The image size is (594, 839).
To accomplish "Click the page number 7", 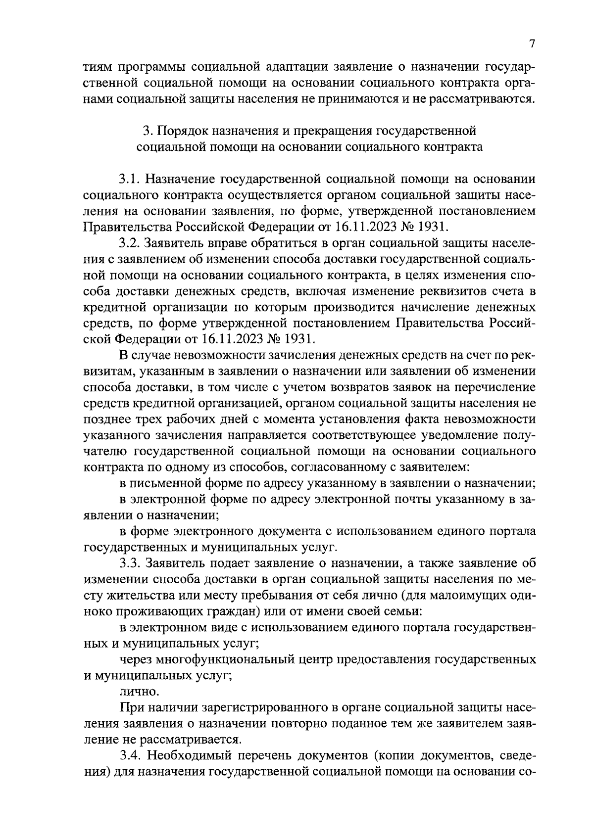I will pos(532,44).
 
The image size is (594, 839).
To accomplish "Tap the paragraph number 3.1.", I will pos(130,179).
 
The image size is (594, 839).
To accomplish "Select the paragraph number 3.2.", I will pos(130,243).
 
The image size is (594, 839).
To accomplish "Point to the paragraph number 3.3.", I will pos(130,563).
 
